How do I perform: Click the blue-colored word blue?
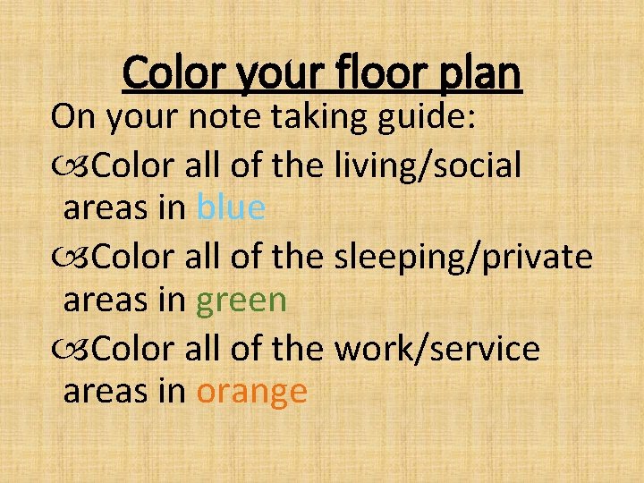click(x=231, y=208)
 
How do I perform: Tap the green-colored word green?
click(x=241, y=301)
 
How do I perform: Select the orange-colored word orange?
click(x=252, y=392)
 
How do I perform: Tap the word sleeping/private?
click(x=462, y=258)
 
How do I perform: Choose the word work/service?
click(x=436, y=348)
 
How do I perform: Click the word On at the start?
click(x=70, y=116)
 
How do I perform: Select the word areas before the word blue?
click(x=106, y=209)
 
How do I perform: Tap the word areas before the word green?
click(x=106, y=301)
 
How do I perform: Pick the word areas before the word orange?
click(x=106, y=392)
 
